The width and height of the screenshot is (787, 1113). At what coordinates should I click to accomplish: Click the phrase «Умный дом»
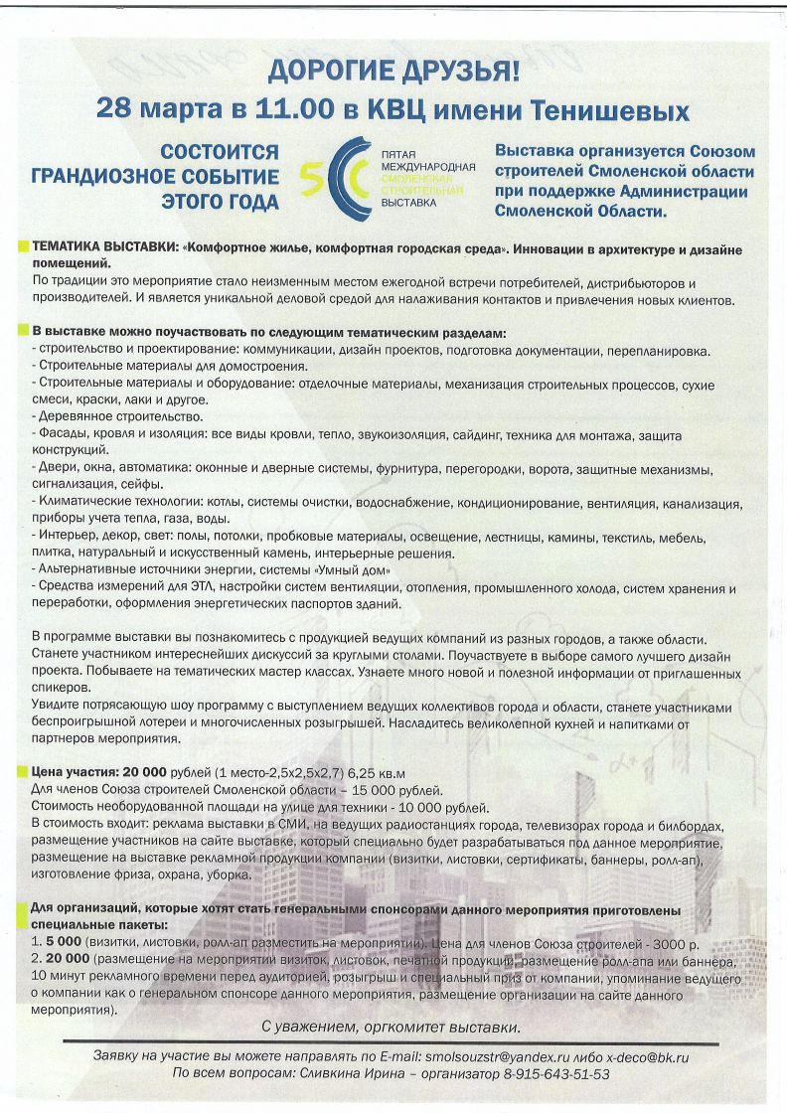tap(352, 570)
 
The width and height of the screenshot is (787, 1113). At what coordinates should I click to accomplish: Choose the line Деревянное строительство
tap(119, 415)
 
